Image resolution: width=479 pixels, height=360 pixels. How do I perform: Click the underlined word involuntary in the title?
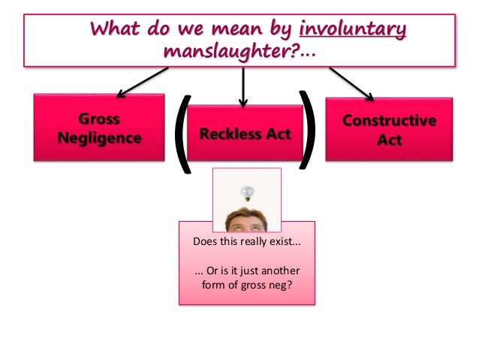[352, 30]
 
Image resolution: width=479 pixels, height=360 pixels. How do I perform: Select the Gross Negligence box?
[99, 129]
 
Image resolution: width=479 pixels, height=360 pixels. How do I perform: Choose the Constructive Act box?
[389, 130]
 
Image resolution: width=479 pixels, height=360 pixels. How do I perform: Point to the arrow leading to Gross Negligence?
[142, 82]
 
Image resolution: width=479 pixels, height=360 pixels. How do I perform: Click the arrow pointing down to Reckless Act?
[243, 86]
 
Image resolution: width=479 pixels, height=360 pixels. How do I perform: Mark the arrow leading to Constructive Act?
[351, 83]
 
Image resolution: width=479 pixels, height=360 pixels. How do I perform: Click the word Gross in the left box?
[98, 119]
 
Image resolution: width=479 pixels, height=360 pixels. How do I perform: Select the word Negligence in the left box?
[99, 138]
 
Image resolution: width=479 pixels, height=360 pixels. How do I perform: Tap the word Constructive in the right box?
[389, 121]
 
